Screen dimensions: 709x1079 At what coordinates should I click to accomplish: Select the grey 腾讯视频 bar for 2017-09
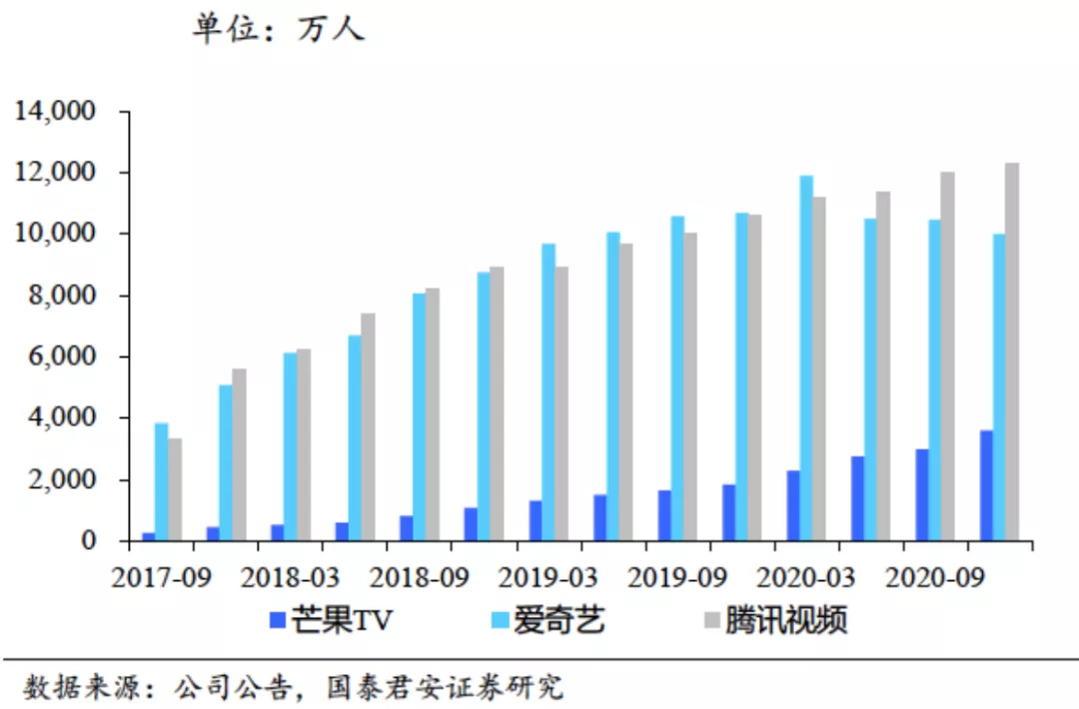tap(175, 489)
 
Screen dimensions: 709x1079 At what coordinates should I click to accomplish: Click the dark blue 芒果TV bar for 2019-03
tap(536, 520)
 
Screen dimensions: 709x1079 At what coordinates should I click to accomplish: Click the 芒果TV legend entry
tap(331, 621)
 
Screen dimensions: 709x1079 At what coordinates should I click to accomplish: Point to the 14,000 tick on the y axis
tap(54, 111)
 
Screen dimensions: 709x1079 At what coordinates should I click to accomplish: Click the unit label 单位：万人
tap(279, 29)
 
